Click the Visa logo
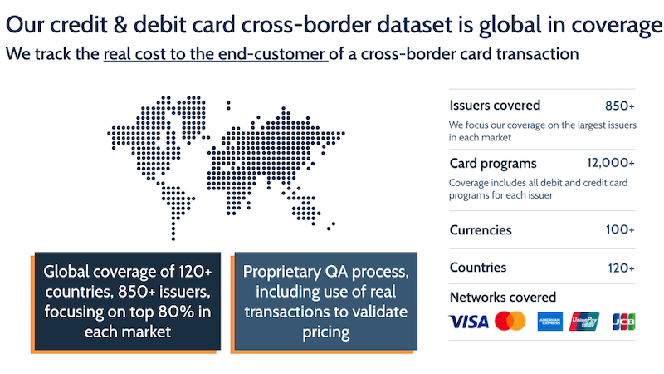[469, 322]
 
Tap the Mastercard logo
[510, 321]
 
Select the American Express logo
[550, 322]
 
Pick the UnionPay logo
[584, 322]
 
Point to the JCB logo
[624, 322]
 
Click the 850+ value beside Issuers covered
[620, 106]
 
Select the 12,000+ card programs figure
[611, 163]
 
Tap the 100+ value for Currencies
[620, 229]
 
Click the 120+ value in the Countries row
[621, 268]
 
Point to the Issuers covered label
[495, 106]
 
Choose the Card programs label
[493, 164]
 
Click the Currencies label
[481, 230]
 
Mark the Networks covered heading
[503, 298]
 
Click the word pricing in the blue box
[325, 332]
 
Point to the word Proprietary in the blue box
[282, 272]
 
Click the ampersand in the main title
[120, 25]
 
